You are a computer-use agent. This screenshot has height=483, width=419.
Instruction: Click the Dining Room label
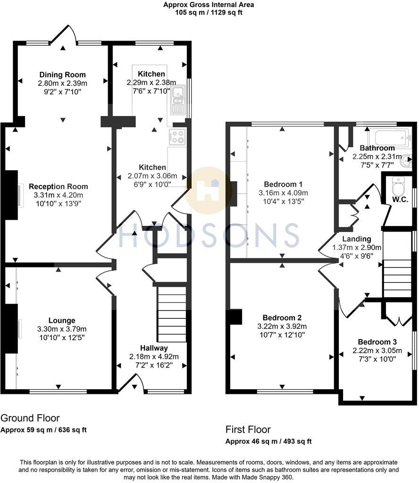(x=63, y=75)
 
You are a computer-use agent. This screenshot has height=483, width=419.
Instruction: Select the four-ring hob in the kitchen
(x=178, y=137)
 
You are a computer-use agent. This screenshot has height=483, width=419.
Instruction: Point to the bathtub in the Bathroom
(x=392, y=138)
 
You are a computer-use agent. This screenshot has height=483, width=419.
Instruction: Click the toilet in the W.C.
(x=398, y=188)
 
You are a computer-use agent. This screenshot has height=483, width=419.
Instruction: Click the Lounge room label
(x=62, y=320)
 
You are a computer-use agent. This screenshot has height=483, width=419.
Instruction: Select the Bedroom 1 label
(x=283, y=184)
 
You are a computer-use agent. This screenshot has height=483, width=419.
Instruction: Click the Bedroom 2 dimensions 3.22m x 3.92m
(x=283, y=326)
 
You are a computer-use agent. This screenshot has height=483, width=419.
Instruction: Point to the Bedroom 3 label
(x=377, y=342)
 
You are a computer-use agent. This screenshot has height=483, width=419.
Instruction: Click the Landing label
(x=357, y=239)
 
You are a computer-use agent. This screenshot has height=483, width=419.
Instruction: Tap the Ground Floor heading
(x=30, y=418)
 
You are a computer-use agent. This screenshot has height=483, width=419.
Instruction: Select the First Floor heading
(x=248, y=430)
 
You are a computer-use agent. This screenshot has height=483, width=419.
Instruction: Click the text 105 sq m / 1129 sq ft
(x=209, y=13)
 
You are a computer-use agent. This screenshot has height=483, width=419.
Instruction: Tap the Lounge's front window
(x=58, y=391)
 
